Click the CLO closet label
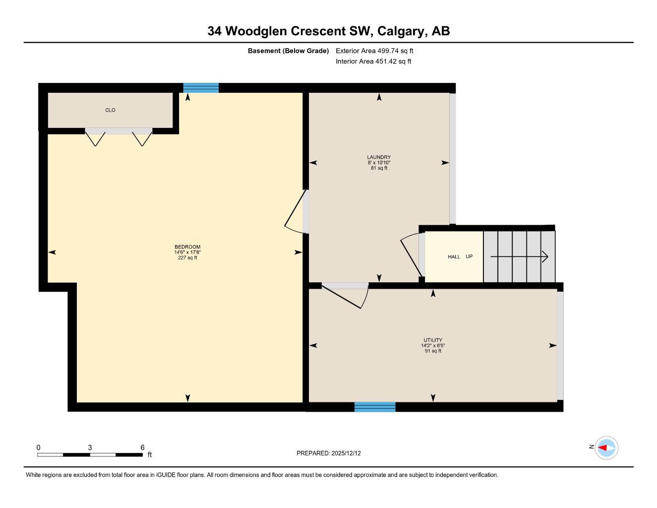pos(110,110)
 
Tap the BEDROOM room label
pos(187,247)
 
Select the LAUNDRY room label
pos(379,157)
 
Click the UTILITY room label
pos(433,340)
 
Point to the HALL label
pos(454,257)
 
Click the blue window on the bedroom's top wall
pos(201,88)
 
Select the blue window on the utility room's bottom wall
pos(375,407)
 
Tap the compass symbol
pos(606,448)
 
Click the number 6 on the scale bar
pos(142,447)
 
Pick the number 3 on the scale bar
pos(90,447)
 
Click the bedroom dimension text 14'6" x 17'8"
pos(187,253)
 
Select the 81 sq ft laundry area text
pos(379,168)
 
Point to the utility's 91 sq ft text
pos(433,351)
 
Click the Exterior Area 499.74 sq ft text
pos(374,51)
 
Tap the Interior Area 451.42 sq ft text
pos(373,62)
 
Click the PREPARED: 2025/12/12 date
pos(332,453)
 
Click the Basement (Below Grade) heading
pos(288,51)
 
